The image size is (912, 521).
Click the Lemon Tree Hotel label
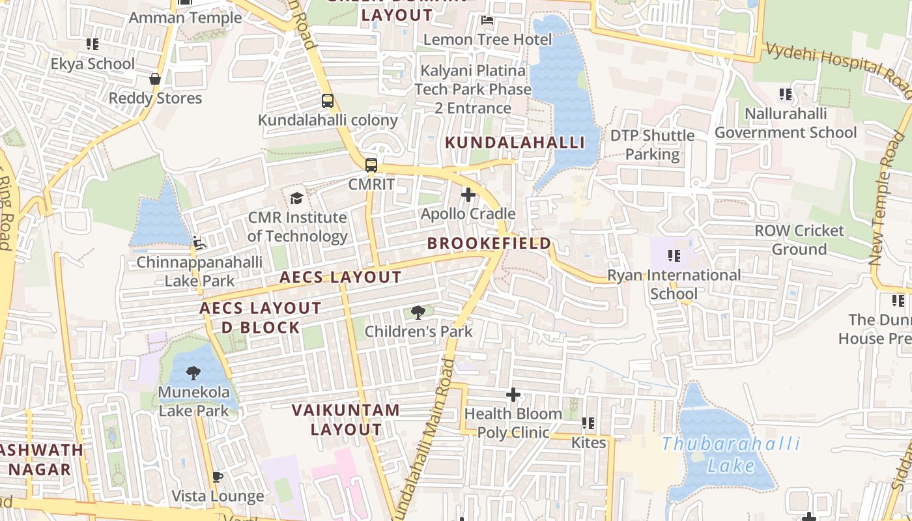[x=487, y=40]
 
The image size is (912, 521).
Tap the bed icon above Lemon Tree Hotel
[x=487, y=20]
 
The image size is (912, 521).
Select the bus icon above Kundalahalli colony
[x=328, y=101]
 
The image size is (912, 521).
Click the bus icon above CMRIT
[x=371, y=165]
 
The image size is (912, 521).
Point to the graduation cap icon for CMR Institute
[x=297, y=197]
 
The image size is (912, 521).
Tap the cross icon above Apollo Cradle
[x=468, y=194]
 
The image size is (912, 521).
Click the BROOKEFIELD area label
[x=489, y=244]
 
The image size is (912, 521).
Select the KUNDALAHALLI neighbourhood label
[x=514, y=143]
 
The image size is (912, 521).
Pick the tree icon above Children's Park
[x=418, y=313]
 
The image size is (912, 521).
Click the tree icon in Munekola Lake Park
[x=193, y=373]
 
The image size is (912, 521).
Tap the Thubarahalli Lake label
[x=731, y=455]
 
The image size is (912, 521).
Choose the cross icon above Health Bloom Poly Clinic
[x=513, y=395]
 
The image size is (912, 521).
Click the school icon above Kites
[x=588, y=423]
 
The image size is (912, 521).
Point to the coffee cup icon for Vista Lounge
[x=218, y=477]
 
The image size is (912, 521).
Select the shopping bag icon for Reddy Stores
[x=155, y=79]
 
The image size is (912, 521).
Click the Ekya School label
[x=93, y=64]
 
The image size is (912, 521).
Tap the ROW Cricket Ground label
[x=799, y=240]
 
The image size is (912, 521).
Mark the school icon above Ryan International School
[x=674, y=256]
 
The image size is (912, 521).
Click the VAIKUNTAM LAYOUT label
[x=345, y=419]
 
